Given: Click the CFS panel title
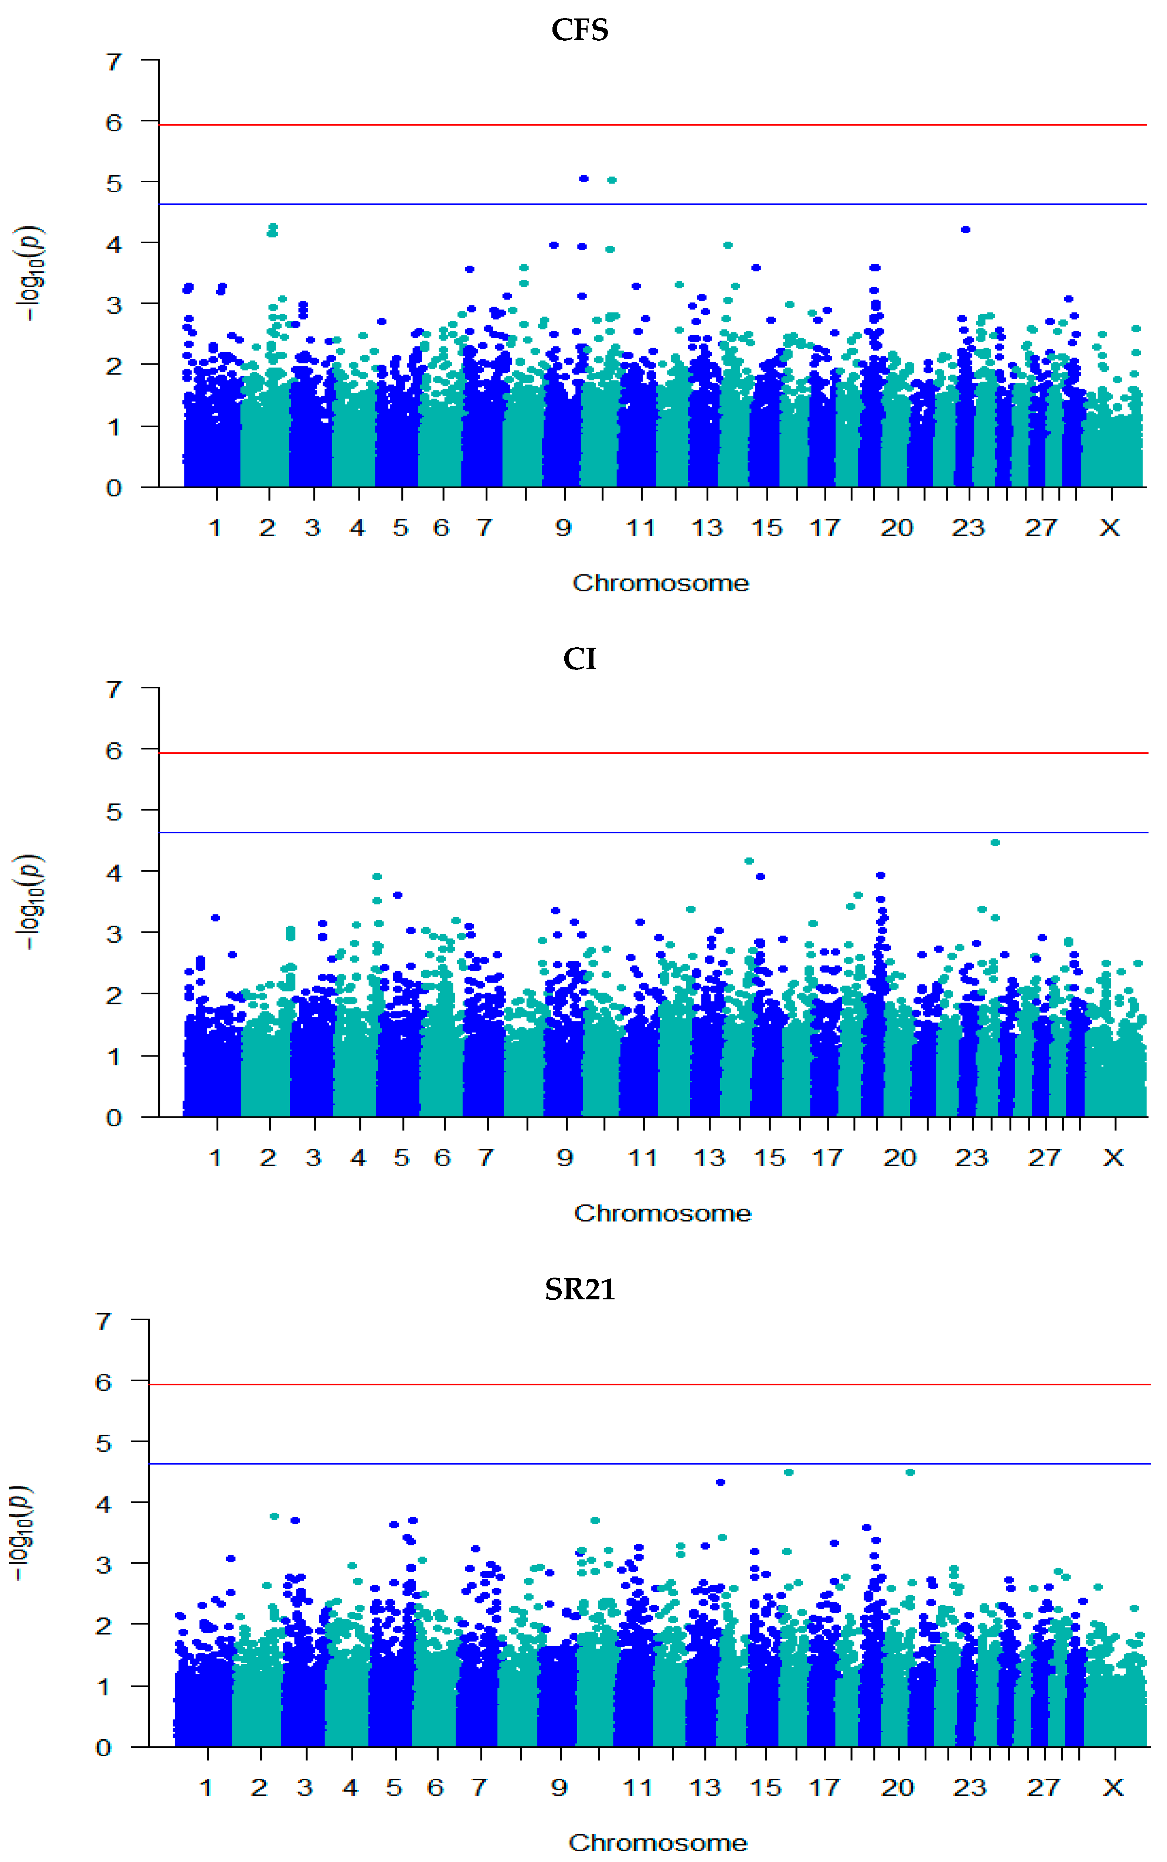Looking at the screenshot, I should (580, 30).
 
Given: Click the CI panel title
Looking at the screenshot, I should (580, 658).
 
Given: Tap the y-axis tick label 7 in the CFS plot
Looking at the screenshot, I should (114, 62).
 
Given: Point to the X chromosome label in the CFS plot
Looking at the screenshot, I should (1110, 528).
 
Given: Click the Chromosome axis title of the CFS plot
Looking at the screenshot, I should (661, 583).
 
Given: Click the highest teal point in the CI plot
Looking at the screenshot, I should (996, 842).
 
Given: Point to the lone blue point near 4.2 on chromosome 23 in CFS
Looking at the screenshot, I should (966, 229).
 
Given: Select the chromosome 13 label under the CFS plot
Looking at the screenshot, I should (707, 528).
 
